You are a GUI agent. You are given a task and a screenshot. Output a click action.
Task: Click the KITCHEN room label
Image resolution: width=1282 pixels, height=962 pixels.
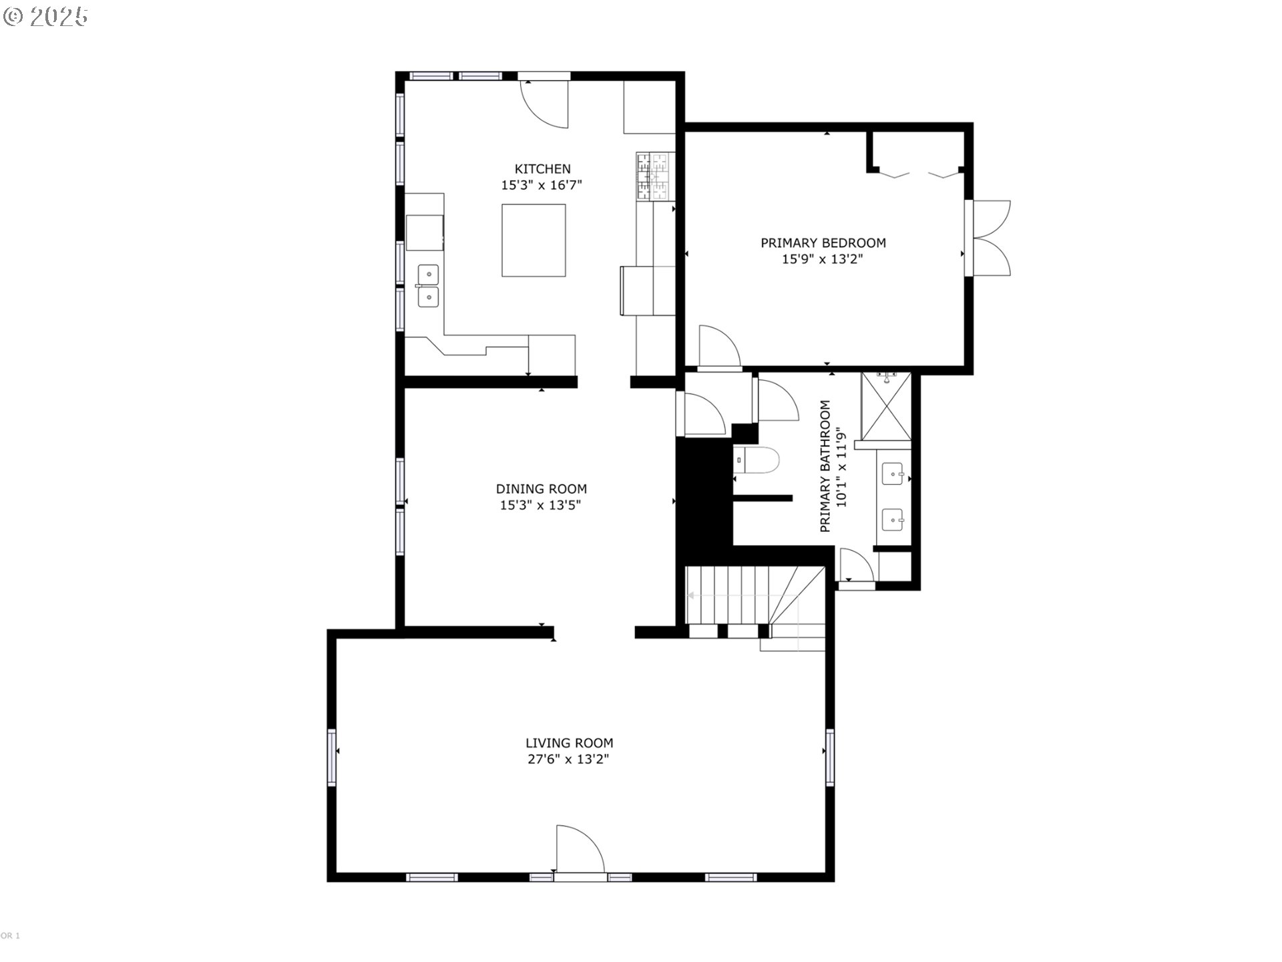[542, 169]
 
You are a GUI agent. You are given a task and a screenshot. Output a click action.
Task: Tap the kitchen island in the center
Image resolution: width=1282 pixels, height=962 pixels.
[533, 240]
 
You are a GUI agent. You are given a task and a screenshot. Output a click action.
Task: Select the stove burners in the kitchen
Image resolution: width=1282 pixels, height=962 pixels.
[654, 176]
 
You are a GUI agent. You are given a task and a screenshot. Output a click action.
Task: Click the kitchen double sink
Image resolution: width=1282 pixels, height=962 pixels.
[428, 285]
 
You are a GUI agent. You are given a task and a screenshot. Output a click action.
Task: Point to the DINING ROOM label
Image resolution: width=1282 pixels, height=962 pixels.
[541, 489]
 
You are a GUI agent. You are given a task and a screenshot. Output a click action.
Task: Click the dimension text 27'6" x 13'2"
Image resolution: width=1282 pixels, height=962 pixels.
[567, 760]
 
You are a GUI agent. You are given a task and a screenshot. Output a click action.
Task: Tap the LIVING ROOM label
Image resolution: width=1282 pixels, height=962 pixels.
[569, 743]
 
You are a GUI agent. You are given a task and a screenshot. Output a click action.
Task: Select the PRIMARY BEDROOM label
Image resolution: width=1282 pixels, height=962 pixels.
[823, 243]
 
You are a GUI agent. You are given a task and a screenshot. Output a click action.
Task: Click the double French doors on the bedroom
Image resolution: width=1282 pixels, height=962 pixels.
[992, 238]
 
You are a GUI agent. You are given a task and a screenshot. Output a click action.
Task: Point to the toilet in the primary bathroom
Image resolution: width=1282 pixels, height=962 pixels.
[759, 461]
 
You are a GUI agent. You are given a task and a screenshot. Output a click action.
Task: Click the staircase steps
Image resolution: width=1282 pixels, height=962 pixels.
[741, 595]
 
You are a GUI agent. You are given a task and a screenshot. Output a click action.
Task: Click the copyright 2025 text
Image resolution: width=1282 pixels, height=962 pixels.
[46, 17]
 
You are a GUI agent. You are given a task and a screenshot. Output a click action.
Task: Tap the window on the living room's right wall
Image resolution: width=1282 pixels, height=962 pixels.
[830, 757]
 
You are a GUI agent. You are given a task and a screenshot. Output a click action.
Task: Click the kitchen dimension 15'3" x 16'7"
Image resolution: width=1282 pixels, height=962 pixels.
[542, 186]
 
